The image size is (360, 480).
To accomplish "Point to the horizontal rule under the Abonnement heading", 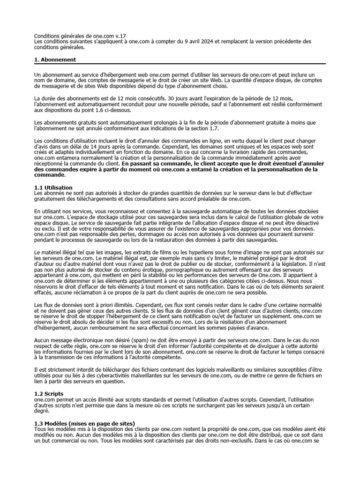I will (x=180, y=64).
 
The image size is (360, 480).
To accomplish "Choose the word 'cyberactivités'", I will (x=131, y=375).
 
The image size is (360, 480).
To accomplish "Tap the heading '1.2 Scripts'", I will (x=49, y=393).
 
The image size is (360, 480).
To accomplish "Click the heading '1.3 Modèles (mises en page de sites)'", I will (x=85, y=423).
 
